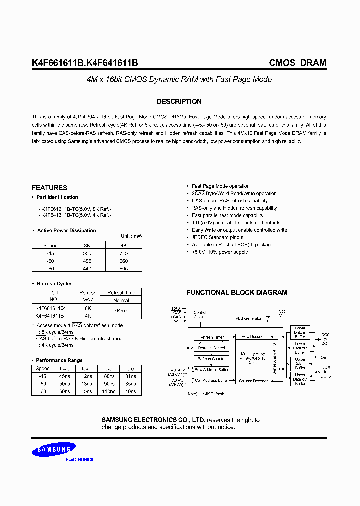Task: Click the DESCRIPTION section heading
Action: pyautogui.click(x=179, y=101)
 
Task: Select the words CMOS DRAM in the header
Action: pyautogui.click(x=297, y=63)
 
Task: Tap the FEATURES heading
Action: pyautogui.click(x=49, y=188)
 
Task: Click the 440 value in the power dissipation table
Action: pyautogui.click(x=87, y=268)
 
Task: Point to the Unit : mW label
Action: pyautogui.click(x=131, y=236)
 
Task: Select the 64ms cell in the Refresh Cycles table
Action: pyautogui.click(x=121, y=312)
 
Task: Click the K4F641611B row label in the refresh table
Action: pyautogui.click(x=50, y=316)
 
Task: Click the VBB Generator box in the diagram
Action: pyautogui.click(x=248, y=318)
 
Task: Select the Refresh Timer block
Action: pyautogui.click(x=211, y=337)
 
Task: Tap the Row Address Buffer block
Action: pyautogui.click(x=211, y=370)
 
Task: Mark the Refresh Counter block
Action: pyautogui.click(x=211, y=359)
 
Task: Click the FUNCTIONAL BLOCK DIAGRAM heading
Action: pyautogui.click(x=237, y=292)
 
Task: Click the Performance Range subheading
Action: pyautogui.click(x=59, y=360)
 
